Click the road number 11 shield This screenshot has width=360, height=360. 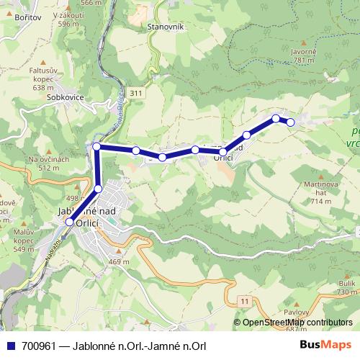pyautogui.click(x=246, y=299)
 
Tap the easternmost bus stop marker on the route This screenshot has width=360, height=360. pyautogui.click(x=291, y=122)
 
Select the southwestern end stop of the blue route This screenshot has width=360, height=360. pyautogui.click(x=69, y=222)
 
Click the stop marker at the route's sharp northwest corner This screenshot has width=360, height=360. pyautogui.click(x=97, y=147)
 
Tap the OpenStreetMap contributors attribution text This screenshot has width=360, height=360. pyautogui.click(x=297, y=323)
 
